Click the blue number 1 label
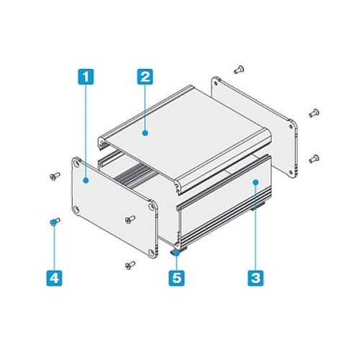point(86,77)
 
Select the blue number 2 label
point(145,77)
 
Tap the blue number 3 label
point(256,278)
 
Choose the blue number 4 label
point(54,278)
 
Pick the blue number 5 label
point(176,278)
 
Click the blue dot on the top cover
point(145,132)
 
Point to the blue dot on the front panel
point(86,181)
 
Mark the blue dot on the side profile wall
point(256,182)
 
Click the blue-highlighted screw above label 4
point(55,222)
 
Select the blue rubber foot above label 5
point(176,253)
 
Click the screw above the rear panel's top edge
point(239,69)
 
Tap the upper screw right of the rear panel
point(314,113)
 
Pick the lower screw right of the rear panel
point(314,158)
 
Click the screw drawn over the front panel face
point(130,220)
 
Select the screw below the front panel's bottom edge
point(130,265)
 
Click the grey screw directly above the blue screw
point(55,176)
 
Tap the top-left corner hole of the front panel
point(77,164)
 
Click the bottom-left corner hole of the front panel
point(77,210)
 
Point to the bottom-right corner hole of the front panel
point(152,252)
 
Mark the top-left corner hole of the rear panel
point(216,84)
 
